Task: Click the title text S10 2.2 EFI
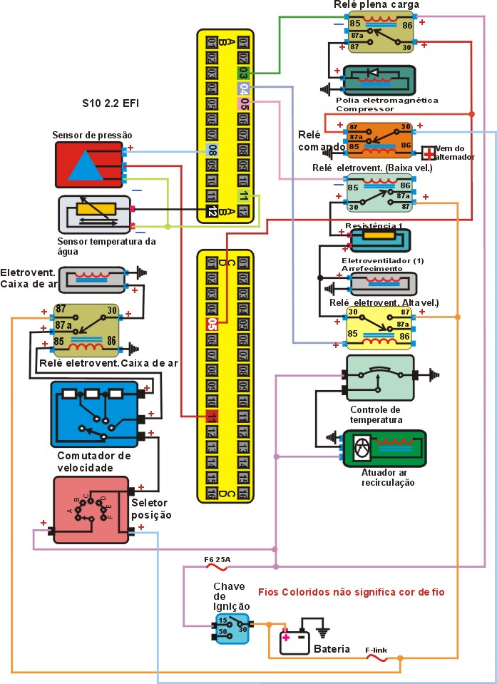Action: pos(111,103)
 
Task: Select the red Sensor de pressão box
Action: pos(88,165)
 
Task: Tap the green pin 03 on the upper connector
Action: pos(244,73)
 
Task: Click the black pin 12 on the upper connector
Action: pos(212,211)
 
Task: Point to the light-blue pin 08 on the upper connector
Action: pos(212,150)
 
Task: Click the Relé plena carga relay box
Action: pos(381,34)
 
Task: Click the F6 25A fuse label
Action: pos(217,560)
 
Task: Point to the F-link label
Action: pos(376,650)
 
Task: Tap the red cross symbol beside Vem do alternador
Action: pos(429,153)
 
